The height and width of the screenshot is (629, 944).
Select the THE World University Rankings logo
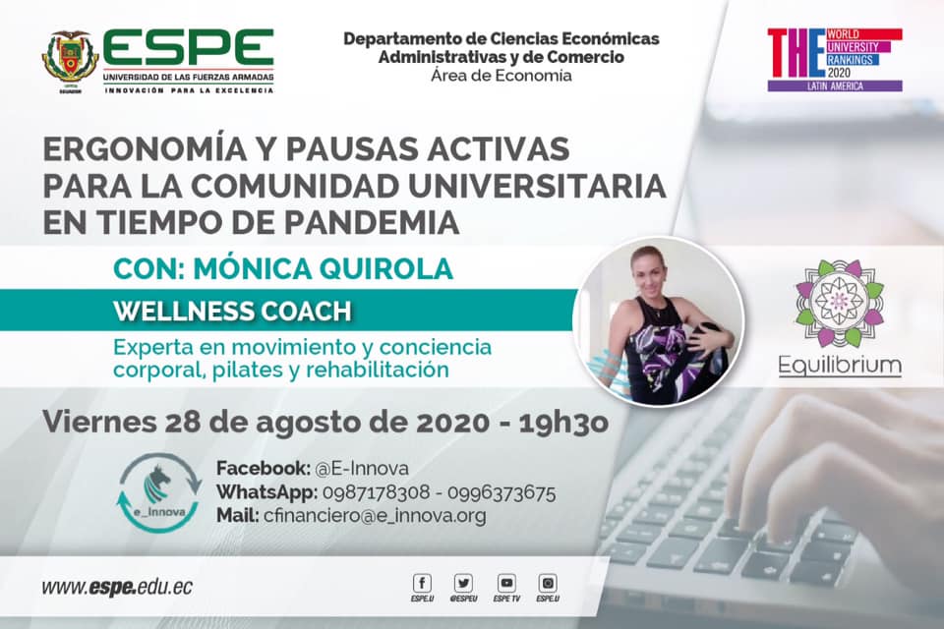pos(835,60)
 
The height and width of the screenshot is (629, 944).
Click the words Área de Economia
pos(501,76)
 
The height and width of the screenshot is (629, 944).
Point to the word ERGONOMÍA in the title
pos(145,148)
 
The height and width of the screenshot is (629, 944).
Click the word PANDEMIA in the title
pos(372,222)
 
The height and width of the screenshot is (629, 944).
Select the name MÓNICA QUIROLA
pos(323,268)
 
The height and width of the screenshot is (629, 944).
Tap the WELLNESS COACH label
pos(232,312)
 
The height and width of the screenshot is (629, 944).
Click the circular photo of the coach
pos(658,320)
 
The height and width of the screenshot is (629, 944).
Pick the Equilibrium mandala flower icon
pos(839,303)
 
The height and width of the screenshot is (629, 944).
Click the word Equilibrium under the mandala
pos(840,365)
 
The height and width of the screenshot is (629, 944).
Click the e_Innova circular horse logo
pos(160,492)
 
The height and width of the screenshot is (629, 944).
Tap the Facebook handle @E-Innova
pos(362,468)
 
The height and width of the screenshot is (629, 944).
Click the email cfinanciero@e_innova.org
pos(375,516)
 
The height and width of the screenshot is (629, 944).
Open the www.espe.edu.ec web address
pos(117,587)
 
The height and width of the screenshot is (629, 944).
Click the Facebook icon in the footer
pos(422,583)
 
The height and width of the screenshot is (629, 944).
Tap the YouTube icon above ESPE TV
pos(506,583)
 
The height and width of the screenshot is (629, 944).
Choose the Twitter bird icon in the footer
pos(463,583)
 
